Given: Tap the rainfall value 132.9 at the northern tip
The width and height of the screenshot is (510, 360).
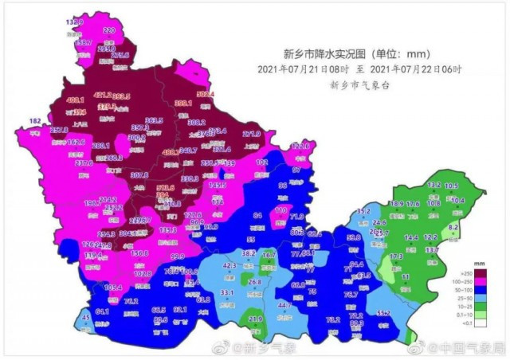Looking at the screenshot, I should pyautogui.click(x=75, y=22).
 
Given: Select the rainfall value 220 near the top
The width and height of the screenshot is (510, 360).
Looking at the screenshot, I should pyautogui.click(x=109, y=30).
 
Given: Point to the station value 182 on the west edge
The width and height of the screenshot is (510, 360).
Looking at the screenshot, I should pyautogui.click(x=35, y=120).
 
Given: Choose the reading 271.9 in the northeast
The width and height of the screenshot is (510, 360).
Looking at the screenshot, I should pyautogui.click(x=252, y=134).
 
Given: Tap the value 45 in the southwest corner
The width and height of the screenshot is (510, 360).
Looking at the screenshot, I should pyautogui.click(x=86, y=319).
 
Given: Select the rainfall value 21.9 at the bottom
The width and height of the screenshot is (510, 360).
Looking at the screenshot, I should pyautogui.click(x=255, y=319).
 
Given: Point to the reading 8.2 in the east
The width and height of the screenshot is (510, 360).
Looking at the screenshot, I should pyautogui.click(x=453, y=227).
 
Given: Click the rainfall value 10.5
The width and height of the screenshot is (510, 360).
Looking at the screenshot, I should pyautogui.click(x=451, y=186).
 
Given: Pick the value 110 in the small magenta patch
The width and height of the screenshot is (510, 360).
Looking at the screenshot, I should pyautogui.click(x=280, y=210).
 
